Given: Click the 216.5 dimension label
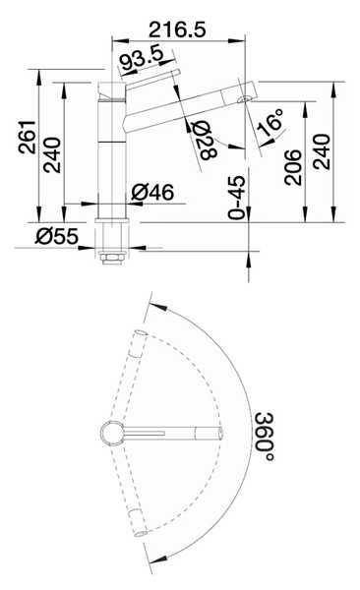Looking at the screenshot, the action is click(x=177, y=29).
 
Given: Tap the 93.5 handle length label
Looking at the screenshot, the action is click(x=142, y=57).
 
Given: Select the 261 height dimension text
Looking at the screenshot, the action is click(x=28, y=137).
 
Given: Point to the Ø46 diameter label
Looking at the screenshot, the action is click(x=152, y=193).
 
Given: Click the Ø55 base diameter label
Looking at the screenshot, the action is click(x=57, y=236).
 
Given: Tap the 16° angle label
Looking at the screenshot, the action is click(x=270, y=122).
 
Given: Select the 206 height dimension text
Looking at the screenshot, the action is click(x=293, y=167).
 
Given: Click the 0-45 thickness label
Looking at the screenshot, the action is click(x=237, y=198).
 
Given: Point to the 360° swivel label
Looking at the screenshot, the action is click(x=264, y=437).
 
